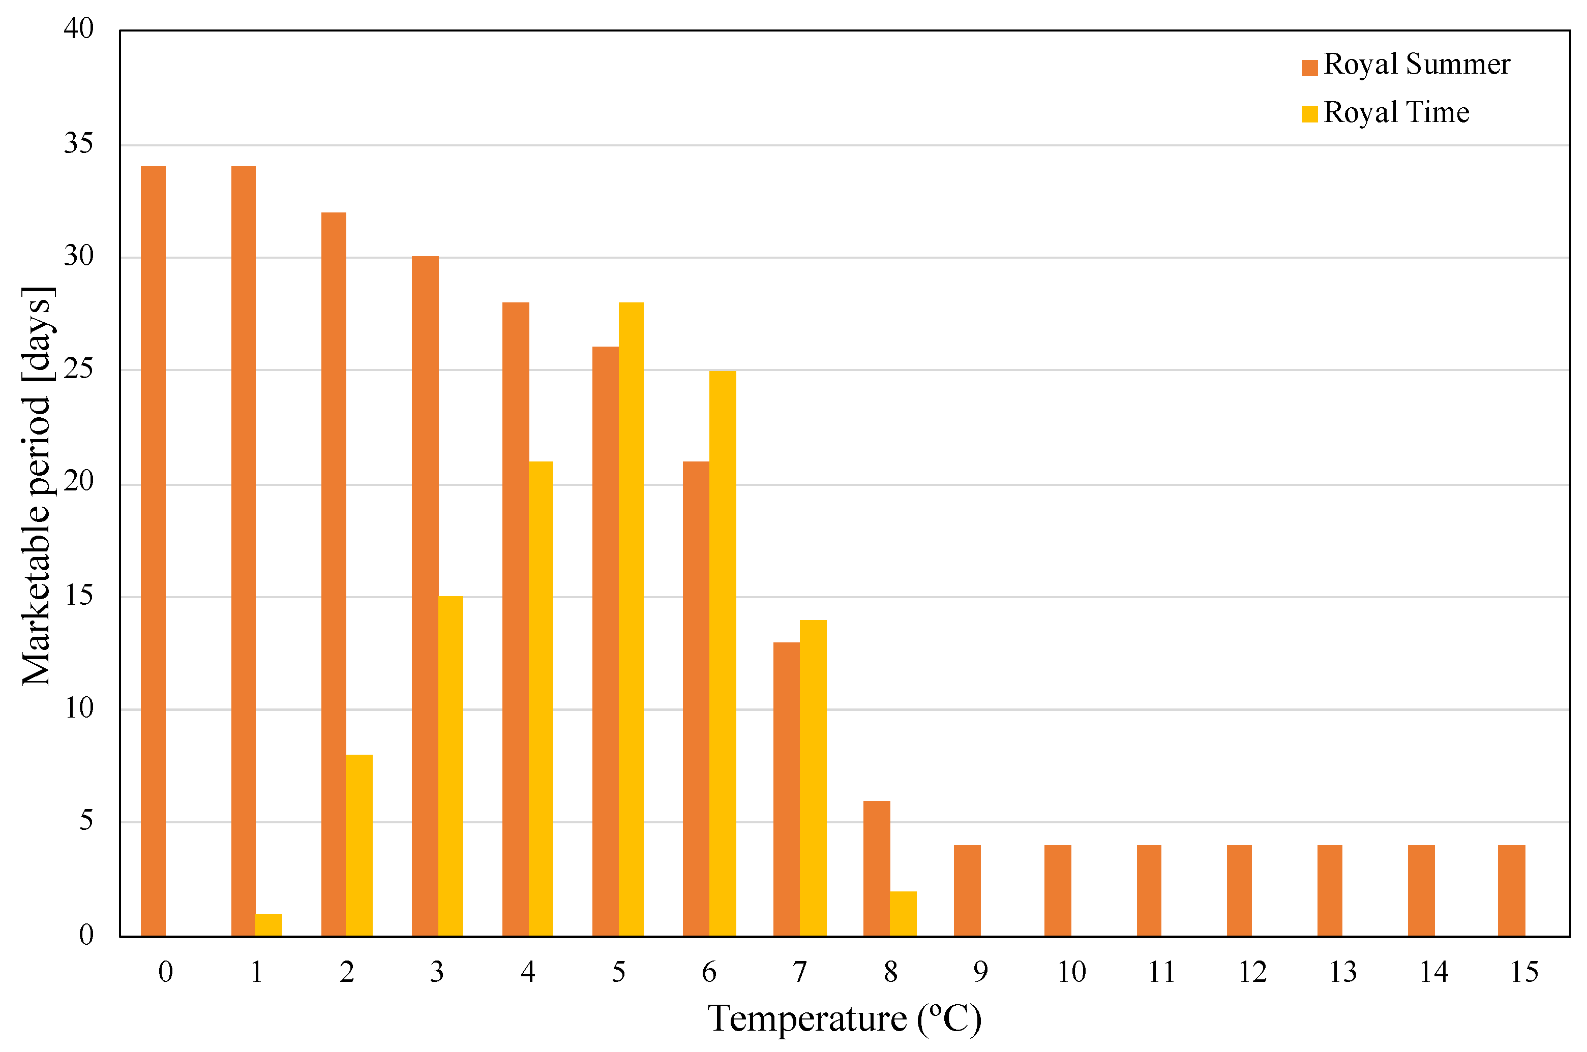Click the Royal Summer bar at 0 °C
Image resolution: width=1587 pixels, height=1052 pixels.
[x=153, y=551]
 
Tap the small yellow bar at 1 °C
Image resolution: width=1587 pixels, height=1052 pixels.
[x=268, y=925]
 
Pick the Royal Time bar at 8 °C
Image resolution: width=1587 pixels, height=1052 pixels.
[x=903, y=914]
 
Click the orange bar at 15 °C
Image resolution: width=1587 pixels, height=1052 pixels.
[x=1511, y=891]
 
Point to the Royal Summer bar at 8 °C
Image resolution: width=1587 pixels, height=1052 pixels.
[x=876, y=869]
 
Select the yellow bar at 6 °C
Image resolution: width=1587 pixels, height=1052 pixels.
[x=723, y=654]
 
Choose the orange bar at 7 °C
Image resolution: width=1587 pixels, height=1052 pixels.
[x=786, y=789]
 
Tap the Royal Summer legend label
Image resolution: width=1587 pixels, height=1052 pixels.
[x=1417, y=65]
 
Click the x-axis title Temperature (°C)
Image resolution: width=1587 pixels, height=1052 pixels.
[x=845, y=1019]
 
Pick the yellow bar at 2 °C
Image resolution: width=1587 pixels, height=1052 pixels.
[x=359, y=845]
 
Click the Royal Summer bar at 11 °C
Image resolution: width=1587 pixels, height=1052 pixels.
[x=1149, y=891]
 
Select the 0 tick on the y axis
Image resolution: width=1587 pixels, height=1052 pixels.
[x=86, y=935]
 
